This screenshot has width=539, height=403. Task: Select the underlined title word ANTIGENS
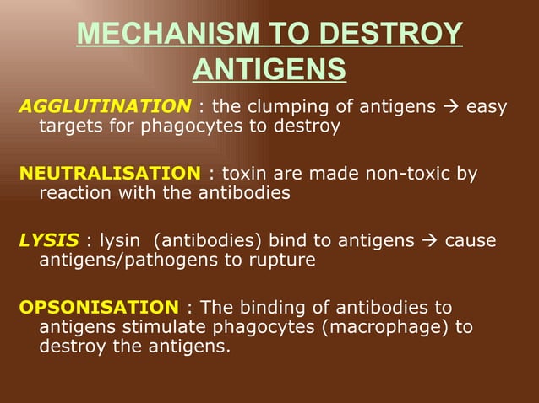(269, 69)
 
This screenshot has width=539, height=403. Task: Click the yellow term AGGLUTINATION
(105, 106)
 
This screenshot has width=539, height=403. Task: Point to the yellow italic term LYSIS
(48, 241)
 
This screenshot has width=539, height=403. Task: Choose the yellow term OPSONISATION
(98, 307)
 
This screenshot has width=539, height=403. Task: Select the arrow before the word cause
(430, 241)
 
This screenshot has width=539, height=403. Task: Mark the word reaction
(72, 193)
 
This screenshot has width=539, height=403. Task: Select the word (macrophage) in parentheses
(373, 326)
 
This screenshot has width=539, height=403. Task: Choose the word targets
(70, 126)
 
